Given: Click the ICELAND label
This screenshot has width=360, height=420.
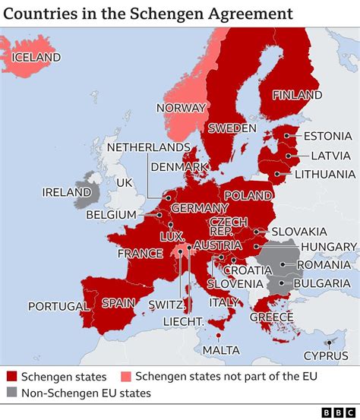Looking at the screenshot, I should pyautogui.click(x=36, y=57).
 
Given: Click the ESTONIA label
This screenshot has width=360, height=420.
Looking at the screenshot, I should pyautogui.click(x=327, y=137).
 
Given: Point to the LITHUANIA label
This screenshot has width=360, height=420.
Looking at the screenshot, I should pyautogui.click(x=324, y=174).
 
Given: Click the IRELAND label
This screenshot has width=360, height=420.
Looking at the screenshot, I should pyautogui.click(x=66, y=192).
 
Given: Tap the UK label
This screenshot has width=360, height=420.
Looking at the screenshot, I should pyautogui.click(x=124, y=183).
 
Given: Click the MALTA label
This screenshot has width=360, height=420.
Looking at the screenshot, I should pyautogui.click(x=220, y=349).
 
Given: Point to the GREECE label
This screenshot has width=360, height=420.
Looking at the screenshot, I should pyautogui.click(x=271, y=317).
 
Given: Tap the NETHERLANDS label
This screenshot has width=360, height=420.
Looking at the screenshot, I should pyautogui.click(x=148, y=147).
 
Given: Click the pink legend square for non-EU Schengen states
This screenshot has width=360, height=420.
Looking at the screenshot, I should pyautogui.click(x=127, y=377).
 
